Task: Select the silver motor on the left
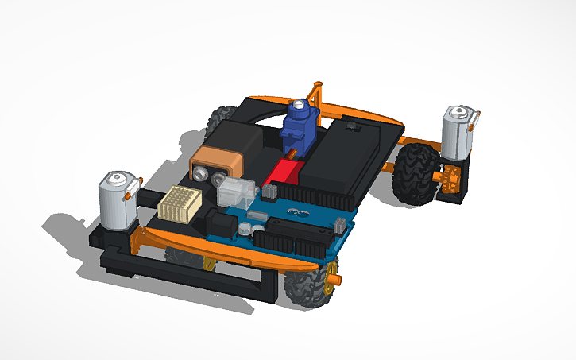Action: point(115,199)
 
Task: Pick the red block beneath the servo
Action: point(286,172)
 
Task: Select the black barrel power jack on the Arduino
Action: point(217,219)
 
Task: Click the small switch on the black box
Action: point(350,126)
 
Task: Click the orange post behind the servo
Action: point(319,94)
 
